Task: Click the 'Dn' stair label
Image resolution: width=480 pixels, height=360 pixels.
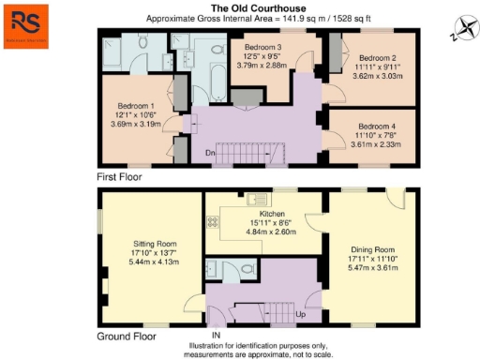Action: tap(211, 152)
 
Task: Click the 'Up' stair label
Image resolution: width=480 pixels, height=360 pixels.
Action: tap(302, 315)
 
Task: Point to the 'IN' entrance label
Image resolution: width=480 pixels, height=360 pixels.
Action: tap(216, 335)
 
